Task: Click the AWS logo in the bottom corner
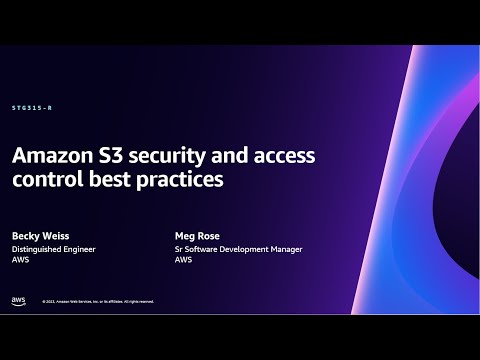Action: pyautogui.click(x=18, y=299)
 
